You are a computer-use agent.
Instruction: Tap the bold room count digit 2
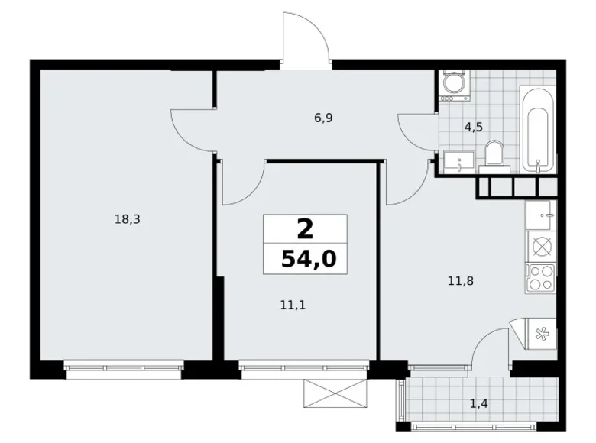click(306, 228)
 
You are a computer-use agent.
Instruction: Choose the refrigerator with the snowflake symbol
click(542, 332)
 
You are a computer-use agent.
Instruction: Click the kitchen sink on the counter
click(542, 217)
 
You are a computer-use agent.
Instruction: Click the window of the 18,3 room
click(125, 370)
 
